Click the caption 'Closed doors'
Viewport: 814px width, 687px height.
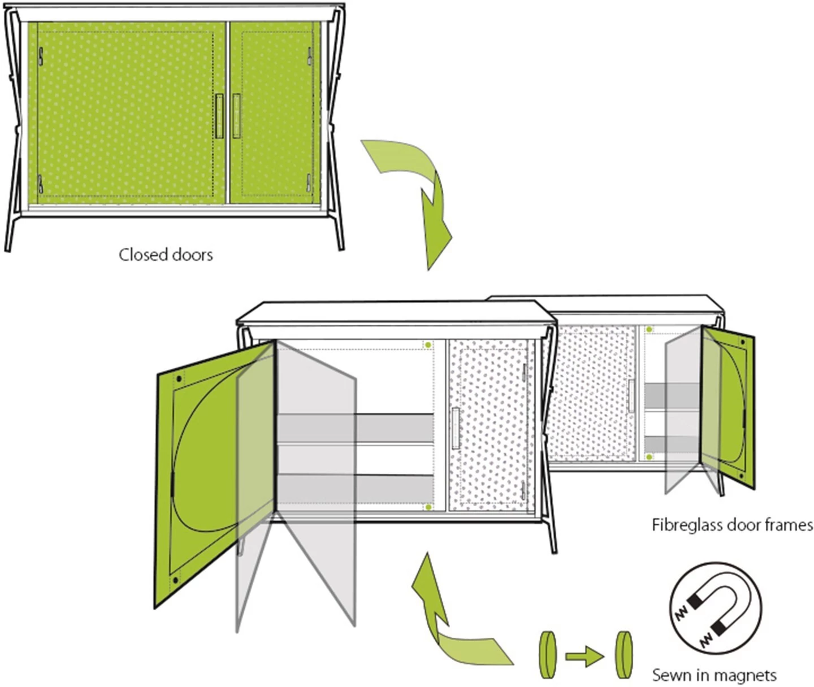pyautogui.click(x=166, y=255)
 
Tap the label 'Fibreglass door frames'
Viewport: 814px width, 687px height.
pyautogui.click(x=733, y=525)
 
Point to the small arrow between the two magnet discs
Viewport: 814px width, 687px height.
pyautogui.click(x=584, y=657)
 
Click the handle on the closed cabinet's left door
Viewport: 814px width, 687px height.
pyautogui.click(x=219, y=116)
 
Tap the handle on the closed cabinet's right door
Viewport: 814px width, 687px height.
pyautogui.click(x=236, y=116)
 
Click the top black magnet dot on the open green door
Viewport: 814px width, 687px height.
pyautogui.click(x=179, y=379)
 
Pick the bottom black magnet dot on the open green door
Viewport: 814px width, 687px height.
pyautogui.click(x=175, y=581)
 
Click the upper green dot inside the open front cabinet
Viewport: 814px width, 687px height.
pyautogui.click(x=428, y=345)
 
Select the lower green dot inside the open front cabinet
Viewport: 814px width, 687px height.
pyautogui.click(x=428, y=507)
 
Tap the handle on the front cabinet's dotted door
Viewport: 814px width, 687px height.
pyautogui.click(x=456, y=428)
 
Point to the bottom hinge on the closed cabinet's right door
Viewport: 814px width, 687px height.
pyautogui.click(x=309, y=182)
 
